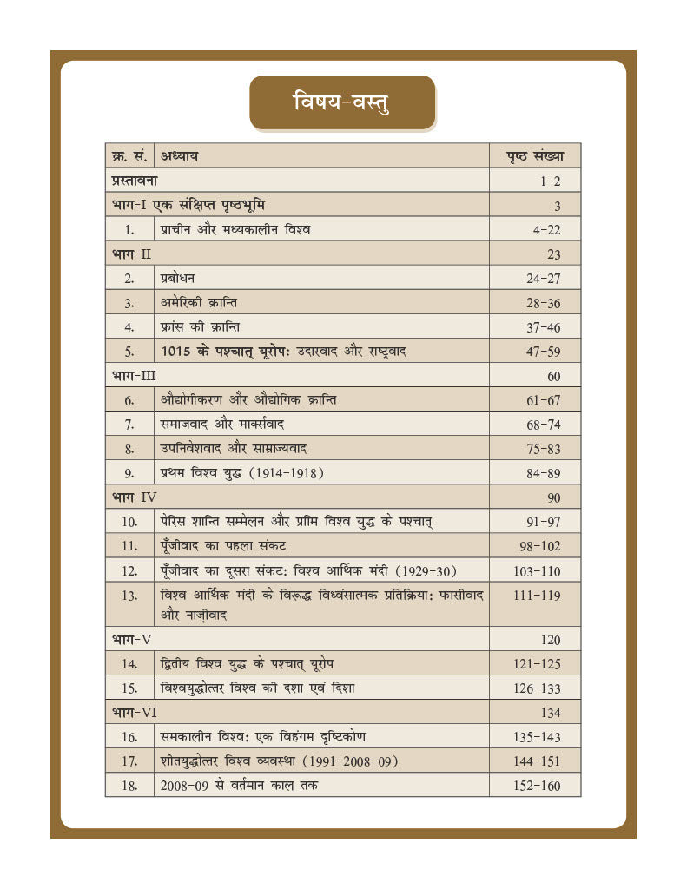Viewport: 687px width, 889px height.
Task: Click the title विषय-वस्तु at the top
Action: (x=342, y=102)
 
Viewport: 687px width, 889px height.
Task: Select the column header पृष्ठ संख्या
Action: (x=535, y=156)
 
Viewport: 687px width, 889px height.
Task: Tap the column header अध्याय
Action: (x=180, y=156)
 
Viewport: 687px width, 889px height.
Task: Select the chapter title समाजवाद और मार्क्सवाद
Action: (x=223, y=425)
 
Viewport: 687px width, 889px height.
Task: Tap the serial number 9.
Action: (x=129, y=473)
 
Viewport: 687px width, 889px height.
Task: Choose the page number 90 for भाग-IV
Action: (x=553, y=497)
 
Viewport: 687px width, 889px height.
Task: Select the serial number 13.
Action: (x=130, y=596)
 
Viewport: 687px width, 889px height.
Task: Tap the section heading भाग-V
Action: (x=133, y=639)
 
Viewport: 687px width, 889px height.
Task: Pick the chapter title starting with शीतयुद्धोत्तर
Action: (x=279, y=761)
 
